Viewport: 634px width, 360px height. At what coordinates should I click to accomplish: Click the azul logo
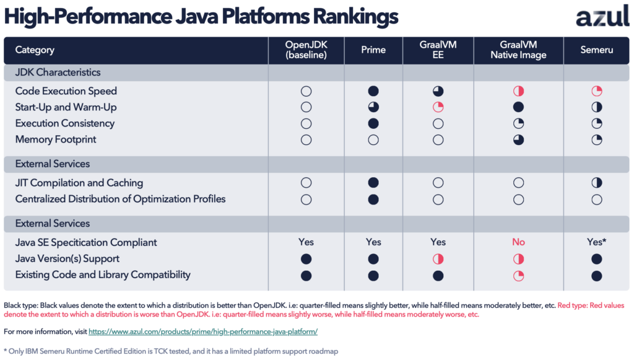(x=602, y=17)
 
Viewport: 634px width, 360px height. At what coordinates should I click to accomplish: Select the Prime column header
(x=373, y=50)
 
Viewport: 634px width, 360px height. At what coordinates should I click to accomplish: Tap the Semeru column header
(x=597, y=50)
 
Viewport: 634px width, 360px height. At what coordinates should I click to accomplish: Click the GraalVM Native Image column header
(x=518, y=50)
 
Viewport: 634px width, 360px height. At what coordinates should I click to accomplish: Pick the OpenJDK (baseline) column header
(x=306, y=50)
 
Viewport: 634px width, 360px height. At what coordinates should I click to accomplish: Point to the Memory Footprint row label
(x=56, y=139)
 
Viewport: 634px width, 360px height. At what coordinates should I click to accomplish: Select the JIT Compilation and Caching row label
(x=79, y=183)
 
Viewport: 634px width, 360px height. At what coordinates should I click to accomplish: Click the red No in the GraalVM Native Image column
(x=518, y=242)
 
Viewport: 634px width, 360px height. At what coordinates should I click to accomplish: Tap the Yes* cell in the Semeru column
(x=597, y=242)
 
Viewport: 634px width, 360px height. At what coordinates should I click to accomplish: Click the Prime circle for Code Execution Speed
(x=373, y=91)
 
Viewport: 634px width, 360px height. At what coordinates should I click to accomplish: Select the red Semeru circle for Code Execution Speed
(x=597, y=91)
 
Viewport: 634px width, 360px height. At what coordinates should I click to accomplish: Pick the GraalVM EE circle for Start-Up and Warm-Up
(x=438, y=107)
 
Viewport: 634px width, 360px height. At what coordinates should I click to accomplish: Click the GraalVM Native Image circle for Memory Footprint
(x=518, y=139)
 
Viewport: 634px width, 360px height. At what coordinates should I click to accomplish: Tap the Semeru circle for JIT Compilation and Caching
(x=597, y=183)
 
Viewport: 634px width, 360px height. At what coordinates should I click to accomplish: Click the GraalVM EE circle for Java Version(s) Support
(x=438, y=258)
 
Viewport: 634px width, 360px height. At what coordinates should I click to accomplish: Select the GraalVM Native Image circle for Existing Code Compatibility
(x=518, y=275)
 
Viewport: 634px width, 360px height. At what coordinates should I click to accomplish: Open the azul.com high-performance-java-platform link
(x=203, y=331)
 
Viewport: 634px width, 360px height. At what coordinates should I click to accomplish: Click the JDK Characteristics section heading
(x=58, y=72)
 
